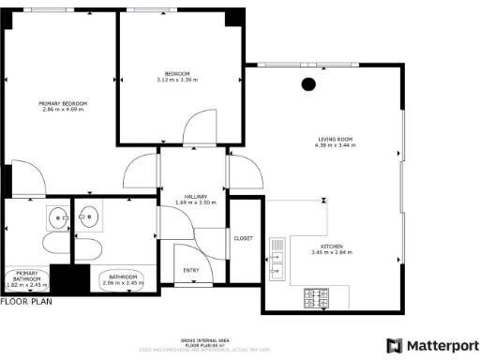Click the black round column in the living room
pos(307,84)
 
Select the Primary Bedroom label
pos(63,103)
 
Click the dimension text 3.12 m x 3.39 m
pos(178,81)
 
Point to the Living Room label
pos(335,141)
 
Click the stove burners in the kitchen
pos(313,299)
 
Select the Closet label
pos(243,239)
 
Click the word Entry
pos(191,270)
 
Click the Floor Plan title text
pos(26,302)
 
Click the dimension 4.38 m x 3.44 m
pos(335,147)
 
